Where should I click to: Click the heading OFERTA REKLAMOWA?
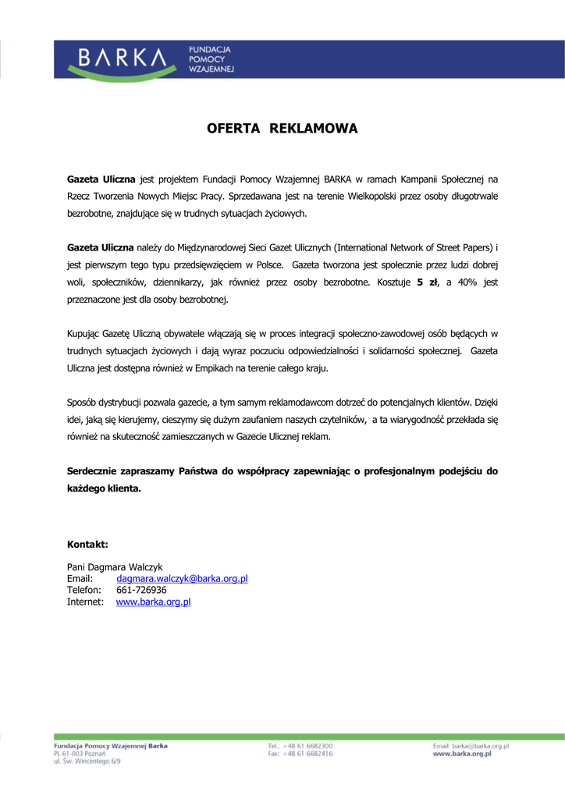coord(282,129)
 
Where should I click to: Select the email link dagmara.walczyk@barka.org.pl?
coord(182,579)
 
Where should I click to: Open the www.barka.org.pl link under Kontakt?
coord(153,602)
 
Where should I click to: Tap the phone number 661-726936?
coord(141,591)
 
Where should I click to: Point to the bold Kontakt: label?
coord(87,544)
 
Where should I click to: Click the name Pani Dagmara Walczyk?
coord(115,567)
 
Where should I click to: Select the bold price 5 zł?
coord(428,282)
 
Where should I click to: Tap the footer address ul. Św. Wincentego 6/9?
coord(87,762)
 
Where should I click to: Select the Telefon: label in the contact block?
coord(84,591)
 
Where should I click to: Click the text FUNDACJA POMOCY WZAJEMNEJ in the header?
coord(211,59)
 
